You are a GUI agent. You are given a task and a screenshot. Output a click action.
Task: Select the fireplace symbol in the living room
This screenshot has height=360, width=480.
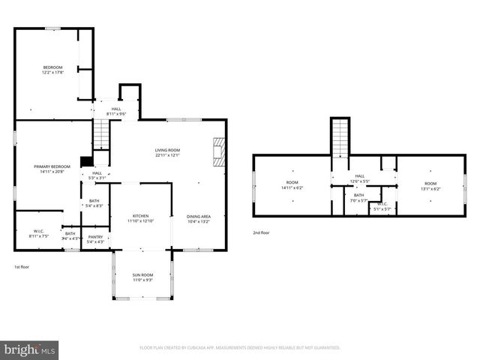pos(218,151)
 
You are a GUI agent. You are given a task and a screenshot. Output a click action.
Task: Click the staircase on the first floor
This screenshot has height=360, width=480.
pos(101,135)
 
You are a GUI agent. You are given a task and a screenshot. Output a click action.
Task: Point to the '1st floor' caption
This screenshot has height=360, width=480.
pos(22,267)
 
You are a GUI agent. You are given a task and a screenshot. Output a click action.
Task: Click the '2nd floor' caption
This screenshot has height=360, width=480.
pos(261,232)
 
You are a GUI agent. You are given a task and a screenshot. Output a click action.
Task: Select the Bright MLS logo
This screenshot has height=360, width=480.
pos(30,349)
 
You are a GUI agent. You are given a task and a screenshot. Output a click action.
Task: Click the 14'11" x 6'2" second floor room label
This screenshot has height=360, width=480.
pos(292,185)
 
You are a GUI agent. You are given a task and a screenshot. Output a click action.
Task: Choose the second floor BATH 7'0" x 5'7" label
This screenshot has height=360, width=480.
pos(358,197)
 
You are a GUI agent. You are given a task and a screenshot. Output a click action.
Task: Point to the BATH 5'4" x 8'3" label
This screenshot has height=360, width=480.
pos(94,202)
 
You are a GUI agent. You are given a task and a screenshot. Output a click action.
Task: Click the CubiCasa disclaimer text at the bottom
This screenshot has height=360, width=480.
pos(240,348)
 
